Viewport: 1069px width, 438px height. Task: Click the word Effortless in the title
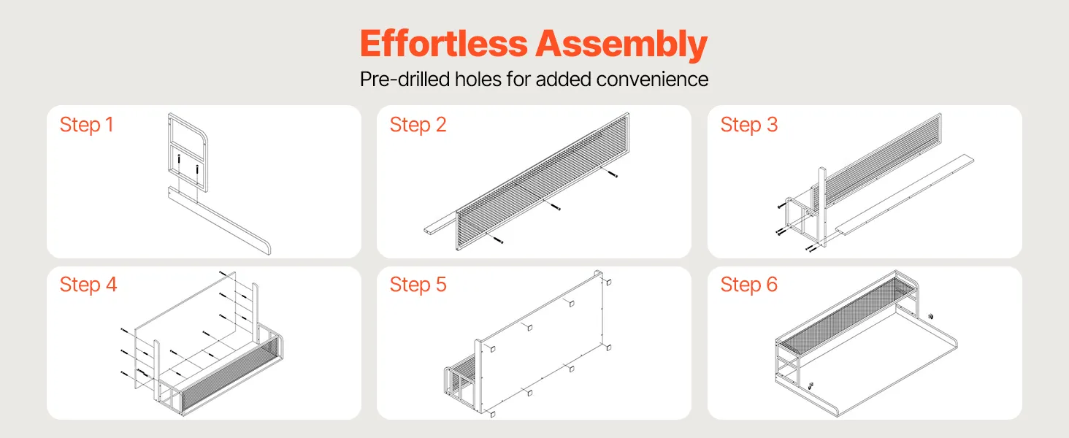click(x=444, y=43)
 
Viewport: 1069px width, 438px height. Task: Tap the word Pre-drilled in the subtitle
click(x=405, y=79)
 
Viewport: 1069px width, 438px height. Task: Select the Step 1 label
click(x=86, y=125)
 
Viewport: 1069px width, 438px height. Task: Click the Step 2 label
click(x=418, y=125)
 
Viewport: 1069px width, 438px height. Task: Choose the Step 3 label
click(x=748, y=125)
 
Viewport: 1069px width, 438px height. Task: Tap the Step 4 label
click(x=88, y=285)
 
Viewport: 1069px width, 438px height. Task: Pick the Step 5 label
click(x=418, y=285)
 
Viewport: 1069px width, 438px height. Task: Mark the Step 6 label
click(x=748, y=285)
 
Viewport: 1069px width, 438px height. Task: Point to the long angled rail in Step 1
click(x=220, y=220)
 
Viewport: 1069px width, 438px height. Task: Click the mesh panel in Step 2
click(x=543, y=181)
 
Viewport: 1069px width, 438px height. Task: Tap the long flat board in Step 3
click(x=905, y=195)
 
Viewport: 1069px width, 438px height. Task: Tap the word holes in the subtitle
click(x=478, y=79)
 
